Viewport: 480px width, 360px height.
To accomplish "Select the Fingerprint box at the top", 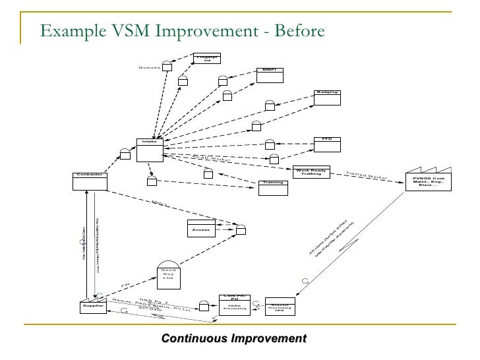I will tap(206, 59).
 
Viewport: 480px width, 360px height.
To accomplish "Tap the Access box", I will tap(202, 228).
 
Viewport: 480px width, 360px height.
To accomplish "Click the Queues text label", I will tap(150, 68).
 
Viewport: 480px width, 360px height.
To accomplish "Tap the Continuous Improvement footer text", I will tap(234, 339).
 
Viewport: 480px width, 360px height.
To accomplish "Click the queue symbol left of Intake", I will tap(125, 154).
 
